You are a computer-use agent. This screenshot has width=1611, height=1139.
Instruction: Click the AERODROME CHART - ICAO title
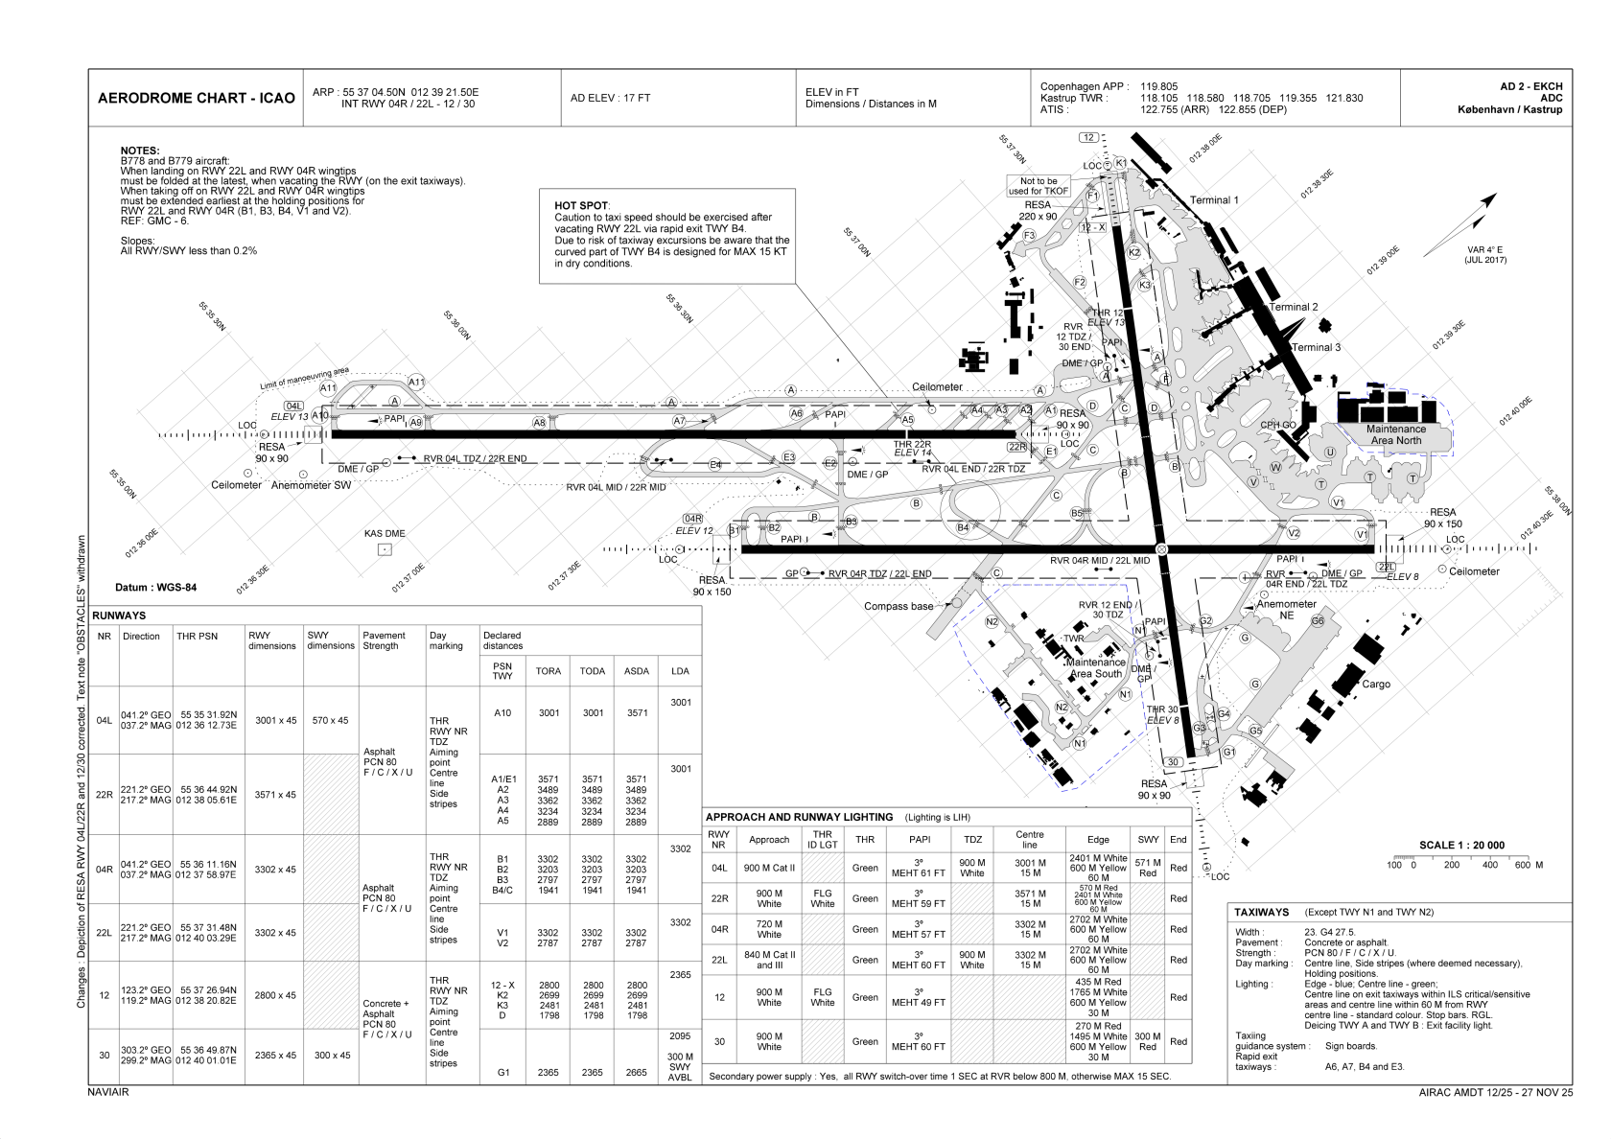(x=196, y=99)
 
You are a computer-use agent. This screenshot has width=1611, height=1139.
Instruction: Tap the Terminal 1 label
(x=1214, y=200)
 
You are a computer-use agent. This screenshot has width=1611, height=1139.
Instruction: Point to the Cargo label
(x=1375, y=685)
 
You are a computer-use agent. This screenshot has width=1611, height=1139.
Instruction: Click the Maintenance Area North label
(x=1395, y=434)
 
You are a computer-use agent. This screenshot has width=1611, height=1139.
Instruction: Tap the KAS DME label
(x=384, y=534)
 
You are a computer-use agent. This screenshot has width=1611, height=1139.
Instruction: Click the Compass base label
(x=898, y=606)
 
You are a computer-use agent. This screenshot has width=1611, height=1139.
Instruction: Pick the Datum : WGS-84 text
(x=155, y=588)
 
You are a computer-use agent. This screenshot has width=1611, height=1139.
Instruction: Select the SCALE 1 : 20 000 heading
(x=1460, y=845)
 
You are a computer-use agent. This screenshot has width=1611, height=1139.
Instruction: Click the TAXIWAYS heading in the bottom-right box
(x=1261, y=912)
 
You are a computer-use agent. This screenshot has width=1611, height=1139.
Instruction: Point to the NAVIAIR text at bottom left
(x=107, y=1091)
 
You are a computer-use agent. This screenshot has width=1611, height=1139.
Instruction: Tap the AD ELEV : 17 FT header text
(x=610, y=98)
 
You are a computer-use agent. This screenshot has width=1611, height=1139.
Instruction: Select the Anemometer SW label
(x=312, y=486)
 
